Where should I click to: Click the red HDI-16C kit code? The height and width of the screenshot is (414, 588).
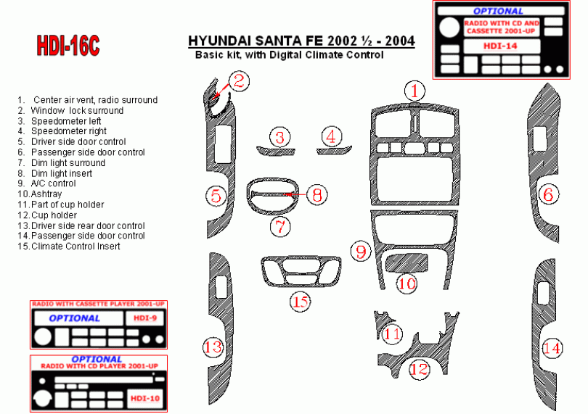tap(68, 46)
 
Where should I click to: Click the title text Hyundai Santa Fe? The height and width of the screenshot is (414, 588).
tap(256, 41)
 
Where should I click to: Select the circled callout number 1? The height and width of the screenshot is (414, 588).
tap(415, 91)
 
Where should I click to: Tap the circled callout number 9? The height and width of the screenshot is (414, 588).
tap(361, 251)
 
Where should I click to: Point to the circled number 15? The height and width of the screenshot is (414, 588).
tap(301, 301)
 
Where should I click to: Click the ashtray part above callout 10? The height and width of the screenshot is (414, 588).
tap(407, 262)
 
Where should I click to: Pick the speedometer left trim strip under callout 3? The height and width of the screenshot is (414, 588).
tap(276, 152)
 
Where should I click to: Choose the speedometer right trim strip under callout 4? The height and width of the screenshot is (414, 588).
tap(334, 150)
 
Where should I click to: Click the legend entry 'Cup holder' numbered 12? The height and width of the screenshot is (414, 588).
tap(47, 215)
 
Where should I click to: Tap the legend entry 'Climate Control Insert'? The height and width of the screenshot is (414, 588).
tap(69, 246)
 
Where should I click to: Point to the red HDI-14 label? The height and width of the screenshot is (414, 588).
tap(500, 46)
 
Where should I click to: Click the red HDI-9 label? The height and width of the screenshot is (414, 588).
tap(144, 318)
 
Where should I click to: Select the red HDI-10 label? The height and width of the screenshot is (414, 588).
tap(144, 398)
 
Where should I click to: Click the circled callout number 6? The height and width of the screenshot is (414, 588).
tap(548, 194)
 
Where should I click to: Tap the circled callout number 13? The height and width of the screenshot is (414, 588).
tap(213, 347)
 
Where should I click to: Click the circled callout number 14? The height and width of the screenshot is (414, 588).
tap(552, 348)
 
